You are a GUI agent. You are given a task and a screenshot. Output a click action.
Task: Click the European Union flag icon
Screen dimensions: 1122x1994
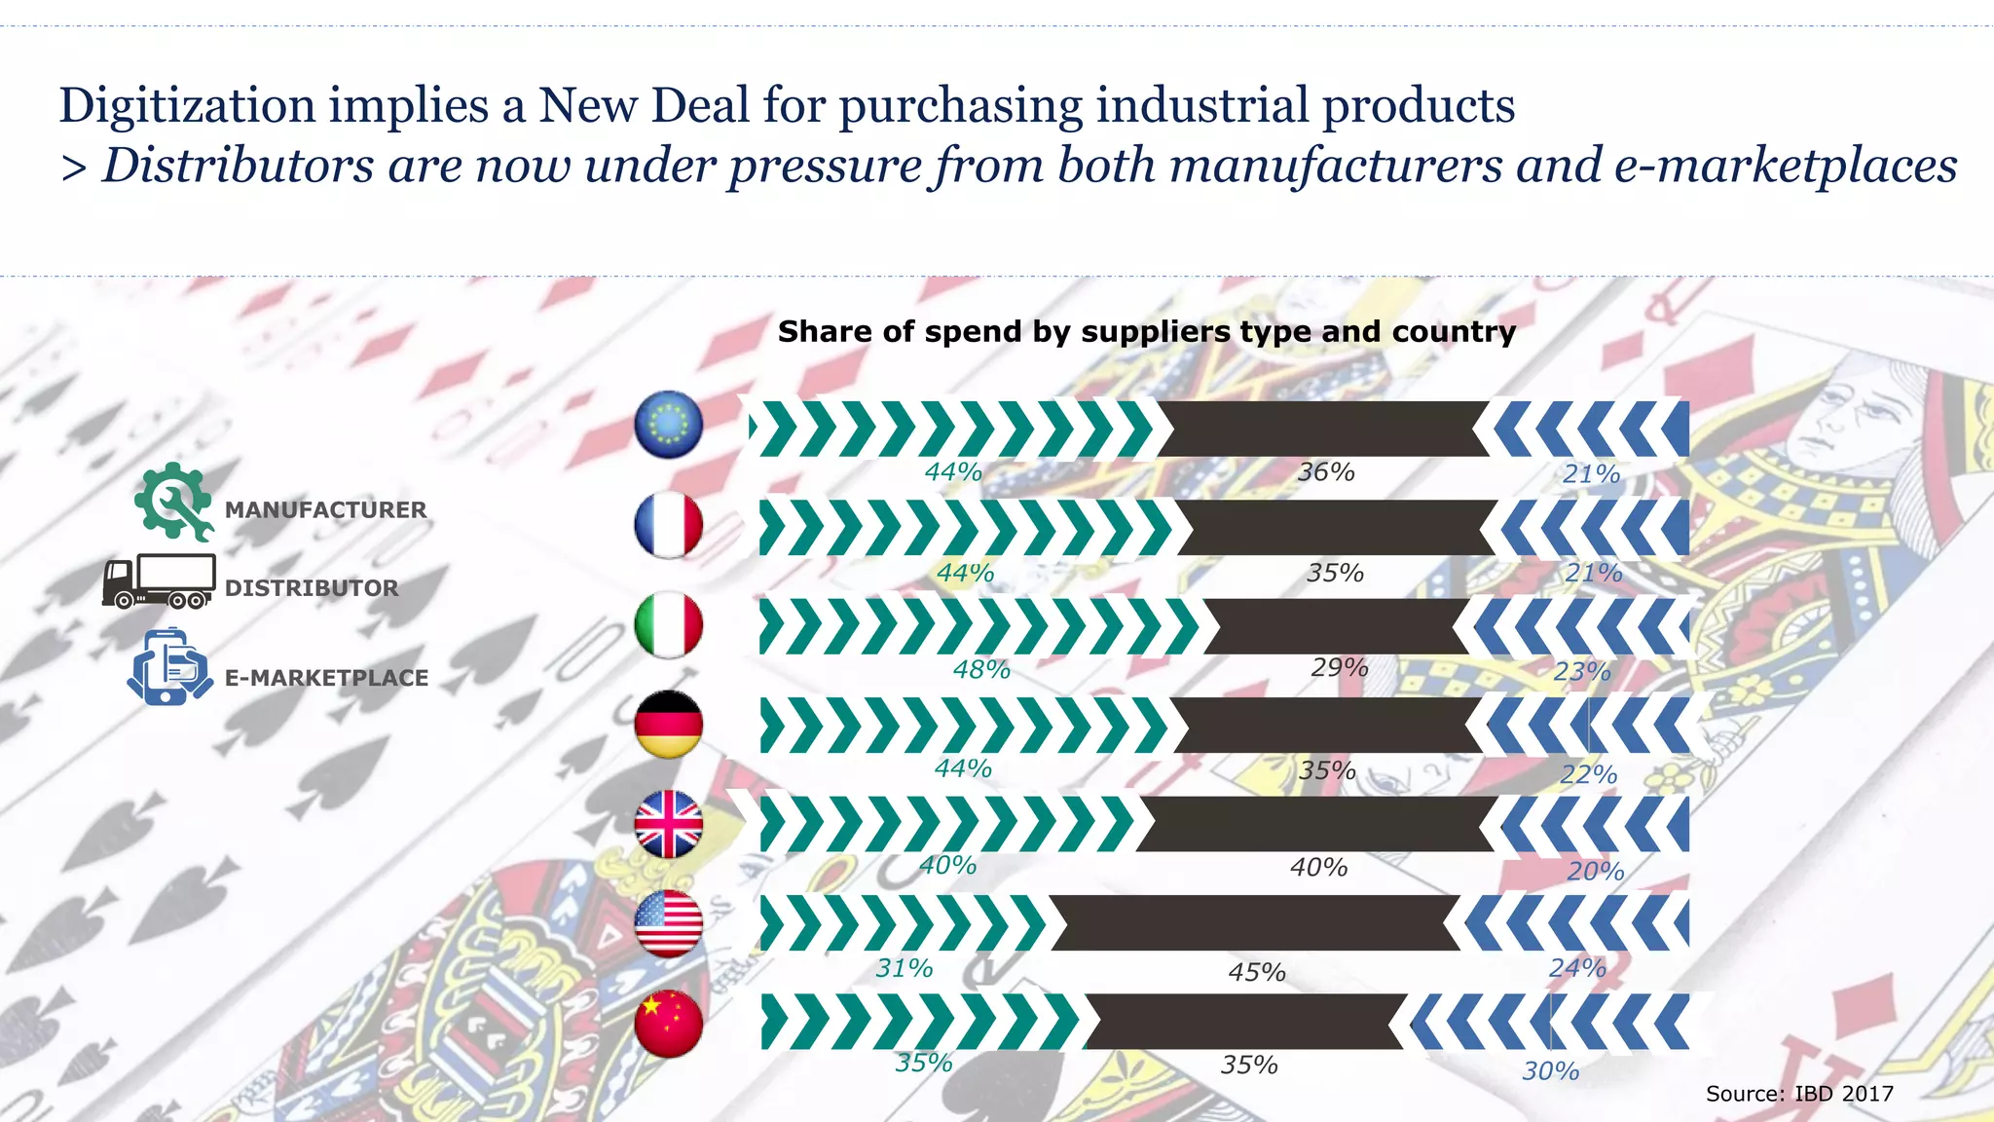click(x=668, y=425)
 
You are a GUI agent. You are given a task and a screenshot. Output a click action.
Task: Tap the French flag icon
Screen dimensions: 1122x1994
click(x=668, y=525)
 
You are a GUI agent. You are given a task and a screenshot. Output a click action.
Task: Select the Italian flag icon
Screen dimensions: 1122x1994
click(x=668, y=625)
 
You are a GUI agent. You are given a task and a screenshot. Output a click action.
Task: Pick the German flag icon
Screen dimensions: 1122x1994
click(x=668, y=726)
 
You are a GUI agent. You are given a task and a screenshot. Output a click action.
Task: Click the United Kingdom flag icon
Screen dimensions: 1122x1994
click(x=668, y=825)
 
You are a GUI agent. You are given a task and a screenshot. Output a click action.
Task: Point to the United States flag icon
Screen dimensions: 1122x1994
click(x=668, y=923)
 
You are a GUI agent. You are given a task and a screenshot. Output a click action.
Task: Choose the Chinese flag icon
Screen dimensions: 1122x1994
click(x=668, y=1024)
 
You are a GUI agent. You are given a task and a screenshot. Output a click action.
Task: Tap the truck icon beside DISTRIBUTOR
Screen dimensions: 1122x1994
click(x=160, y=581)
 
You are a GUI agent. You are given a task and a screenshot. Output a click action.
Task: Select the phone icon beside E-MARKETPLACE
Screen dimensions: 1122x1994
click(x=169, y=667)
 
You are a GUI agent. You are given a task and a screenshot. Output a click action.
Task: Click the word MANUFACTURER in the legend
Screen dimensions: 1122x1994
click(x=325, y=510)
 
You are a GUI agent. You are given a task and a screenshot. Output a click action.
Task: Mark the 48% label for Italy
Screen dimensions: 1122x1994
click(x=981, y=670)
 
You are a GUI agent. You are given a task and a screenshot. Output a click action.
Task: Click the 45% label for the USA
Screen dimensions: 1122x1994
click(x=1257, y=972)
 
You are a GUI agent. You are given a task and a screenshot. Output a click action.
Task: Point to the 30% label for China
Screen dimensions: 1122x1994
click(x=1551, y=1071)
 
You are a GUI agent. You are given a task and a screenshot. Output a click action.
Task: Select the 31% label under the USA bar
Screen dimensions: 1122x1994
click(x=905, y=968)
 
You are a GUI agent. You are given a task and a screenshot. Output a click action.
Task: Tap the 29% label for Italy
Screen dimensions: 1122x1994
click(x=1340, y=668)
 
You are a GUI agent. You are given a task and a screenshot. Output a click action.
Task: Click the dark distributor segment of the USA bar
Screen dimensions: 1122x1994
click(x=1254, y=923)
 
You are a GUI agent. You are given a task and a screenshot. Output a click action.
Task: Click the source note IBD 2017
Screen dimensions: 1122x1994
click(x=1799, y=1094)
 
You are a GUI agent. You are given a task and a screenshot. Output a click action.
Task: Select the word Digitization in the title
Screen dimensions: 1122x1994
click(x=187, y=105)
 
